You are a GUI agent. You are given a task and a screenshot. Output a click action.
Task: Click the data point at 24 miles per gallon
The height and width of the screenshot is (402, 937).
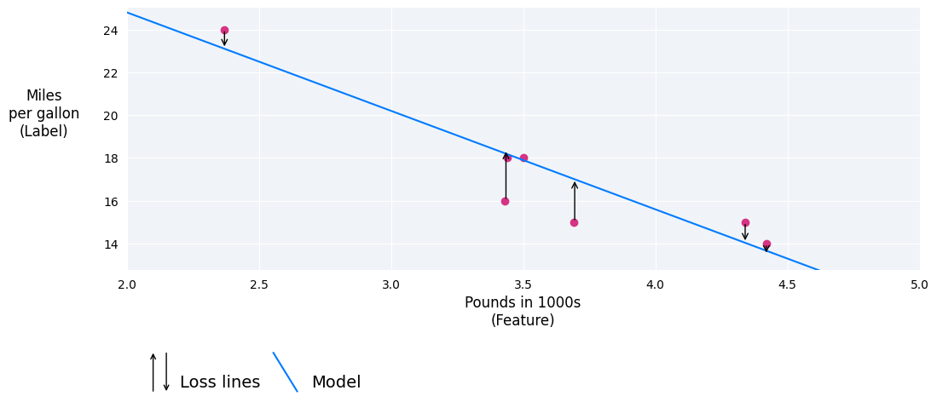pos(224,30)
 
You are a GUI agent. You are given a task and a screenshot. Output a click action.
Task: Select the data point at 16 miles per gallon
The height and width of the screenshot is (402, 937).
pos(505,201)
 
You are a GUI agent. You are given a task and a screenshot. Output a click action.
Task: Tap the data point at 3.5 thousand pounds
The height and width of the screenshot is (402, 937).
pos(523,158)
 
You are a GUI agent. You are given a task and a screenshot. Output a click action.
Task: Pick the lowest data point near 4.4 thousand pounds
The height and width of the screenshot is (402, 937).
pos(766,244)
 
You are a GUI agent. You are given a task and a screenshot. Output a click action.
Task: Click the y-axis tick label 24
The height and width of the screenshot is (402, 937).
pos(111,31)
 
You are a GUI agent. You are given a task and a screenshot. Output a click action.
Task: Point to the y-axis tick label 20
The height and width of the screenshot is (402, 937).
pos(111,116)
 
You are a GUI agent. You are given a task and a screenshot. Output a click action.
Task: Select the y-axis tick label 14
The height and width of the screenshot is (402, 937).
pos(111,244)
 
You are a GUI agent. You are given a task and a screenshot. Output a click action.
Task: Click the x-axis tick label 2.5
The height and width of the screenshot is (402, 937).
pos(259,284)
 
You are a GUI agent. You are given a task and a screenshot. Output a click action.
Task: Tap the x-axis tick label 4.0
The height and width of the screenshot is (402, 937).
pos(655,284)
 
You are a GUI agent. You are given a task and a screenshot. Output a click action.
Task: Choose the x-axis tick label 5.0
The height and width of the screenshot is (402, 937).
pos(919,284)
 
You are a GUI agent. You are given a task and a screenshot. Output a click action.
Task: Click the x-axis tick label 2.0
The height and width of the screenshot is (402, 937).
pos(127,284)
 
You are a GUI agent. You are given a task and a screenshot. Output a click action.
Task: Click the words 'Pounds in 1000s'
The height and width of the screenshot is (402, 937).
pos(523,302)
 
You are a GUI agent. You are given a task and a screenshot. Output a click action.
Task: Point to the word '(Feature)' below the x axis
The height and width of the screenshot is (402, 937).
pos(523,320)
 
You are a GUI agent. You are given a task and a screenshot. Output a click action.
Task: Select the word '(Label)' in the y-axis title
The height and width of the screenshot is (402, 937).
pos(43,131)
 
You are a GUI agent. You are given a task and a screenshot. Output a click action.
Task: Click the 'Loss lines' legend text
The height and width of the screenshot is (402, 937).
pos(220,382)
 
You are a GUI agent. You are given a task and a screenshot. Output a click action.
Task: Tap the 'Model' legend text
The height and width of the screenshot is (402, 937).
pos(336,382)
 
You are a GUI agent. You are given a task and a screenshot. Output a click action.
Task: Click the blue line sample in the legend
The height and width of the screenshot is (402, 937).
pos(285,372)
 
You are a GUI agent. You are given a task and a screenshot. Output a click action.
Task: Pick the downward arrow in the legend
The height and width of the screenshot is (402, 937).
pos(166,372)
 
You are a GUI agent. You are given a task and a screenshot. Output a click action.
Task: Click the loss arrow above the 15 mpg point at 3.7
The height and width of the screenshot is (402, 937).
pos(575,200)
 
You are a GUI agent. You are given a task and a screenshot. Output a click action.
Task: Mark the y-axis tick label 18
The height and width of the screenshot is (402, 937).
pos(111,158)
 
